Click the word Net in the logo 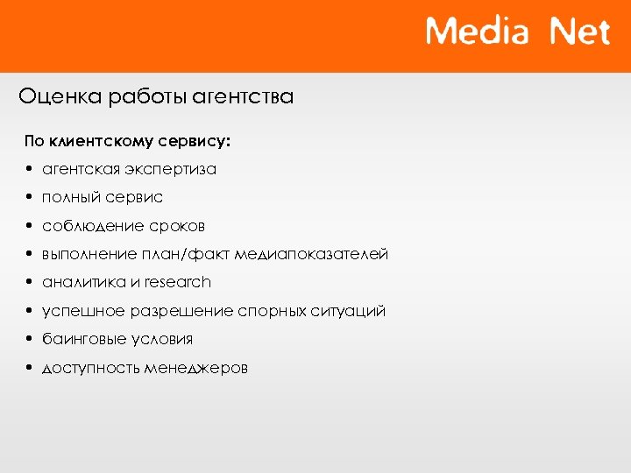point(579,32)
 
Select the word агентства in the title point(247,96)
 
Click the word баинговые point(82,339)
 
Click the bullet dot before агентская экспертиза point(30,169)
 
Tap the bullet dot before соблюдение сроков point(30,226)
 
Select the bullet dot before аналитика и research point(30,283)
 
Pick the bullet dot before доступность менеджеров point(30,369)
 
